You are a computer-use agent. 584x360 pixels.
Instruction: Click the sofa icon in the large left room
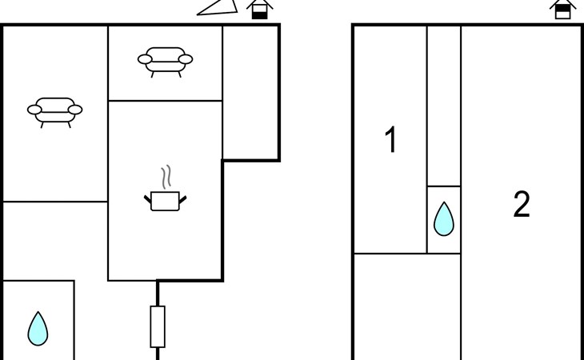point(54,113)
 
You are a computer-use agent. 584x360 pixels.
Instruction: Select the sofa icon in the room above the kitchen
point(165,62)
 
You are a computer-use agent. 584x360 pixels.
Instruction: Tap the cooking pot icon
point(165,201)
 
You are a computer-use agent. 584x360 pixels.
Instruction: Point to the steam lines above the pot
point(166,177)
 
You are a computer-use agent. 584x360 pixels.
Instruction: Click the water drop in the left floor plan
point(38,329)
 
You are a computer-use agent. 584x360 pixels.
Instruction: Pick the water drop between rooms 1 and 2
point(443,219)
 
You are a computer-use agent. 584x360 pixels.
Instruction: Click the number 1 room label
point(390,139)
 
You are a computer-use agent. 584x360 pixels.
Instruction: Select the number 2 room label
point(522,204)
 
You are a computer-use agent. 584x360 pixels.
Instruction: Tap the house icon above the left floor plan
point(259,10)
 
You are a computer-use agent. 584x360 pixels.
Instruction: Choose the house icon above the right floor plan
point(562,10)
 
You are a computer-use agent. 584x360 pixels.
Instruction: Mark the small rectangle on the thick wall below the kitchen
point(158,326)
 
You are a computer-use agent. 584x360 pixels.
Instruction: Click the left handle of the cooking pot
point(148,199)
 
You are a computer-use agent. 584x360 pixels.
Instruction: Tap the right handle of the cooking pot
point(182,199)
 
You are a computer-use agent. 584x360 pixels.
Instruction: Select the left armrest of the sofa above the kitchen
point(145,59)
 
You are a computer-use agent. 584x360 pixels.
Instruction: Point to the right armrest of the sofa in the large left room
point(75,110)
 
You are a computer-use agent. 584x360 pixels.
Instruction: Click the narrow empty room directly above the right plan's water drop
point(443,106)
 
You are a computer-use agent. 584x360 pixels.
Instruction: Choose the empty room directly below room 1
point(407,306)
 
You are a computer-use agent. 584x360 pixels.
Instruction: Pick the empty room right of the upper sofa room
point(250,92)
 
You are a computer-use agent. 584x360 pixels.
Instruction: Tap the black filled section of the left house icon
point(259,15)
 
